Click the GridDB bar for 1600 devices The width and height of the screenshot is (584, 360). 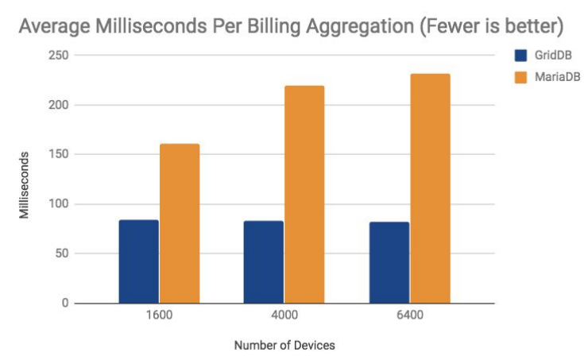pyautogui.click(x=138, y=261)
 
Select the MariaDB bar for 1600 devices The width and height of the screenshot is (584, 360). pyautogui.click(x=180, y=223)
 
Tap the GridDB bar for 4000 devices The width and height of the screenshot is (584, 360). pyautogui.click(x=263, y=262)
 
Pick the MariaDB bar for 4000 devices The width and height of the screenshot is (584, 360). pyautogui.click(x=304, y=195)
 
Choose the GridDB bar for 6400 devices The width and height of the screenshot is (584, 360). pyautogui.click(x=389, y=263)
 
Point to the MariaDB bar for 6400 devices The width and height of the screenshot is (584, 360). pyautogui.click(x=430, y=188)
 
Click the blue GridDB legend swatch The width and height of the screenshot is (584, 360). pyautogui.click(x=521, y=56)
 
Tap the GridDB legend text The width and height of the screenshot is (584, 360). pyautogui.click(x=553, y=56)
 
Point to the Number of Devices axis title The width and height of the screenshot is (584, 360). pyautogui.click(x=284, y=346)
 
